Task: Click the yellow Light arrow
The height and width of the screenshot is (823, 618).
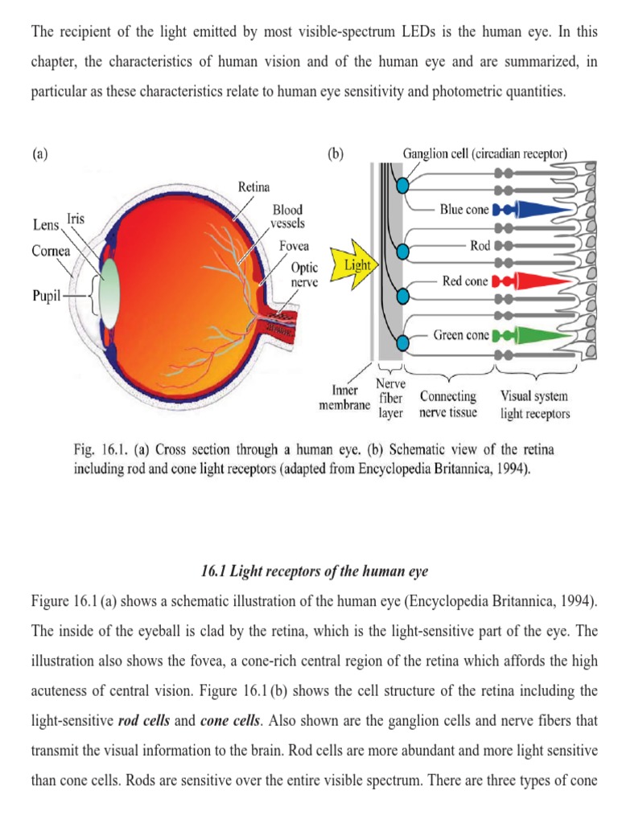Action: click(356, 265)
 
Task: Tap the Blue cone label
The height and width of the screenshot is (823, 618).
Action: click(464, 210)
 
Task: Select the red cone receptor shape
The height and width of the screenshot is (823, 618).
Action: click(535, 282)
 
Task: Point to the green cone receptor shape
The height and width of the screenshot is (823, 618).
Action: click(535, 335)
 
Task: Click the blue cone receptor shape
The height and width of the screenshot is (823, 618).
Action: click(535, 210)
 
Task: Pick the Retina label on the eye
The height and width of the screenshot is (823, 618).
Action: click(253, 187)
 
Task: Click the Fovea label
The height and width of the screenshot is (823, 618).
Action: click(294, 246)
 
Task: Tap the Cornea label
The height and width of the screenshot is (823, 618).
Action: click(51, 251)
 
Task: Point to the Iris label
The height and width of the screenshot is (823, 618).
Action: click(77, 218)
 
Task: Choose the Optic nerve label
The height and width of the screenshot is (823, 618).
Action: click(303, 275)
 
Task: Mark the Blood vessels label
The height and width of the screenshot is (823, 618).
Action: click(288, 215)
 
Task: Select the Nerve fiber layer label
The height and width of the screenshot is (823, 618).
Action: click(390, 399)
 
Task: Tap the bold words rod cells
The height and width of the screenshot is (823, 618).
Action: click(144, 697)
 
